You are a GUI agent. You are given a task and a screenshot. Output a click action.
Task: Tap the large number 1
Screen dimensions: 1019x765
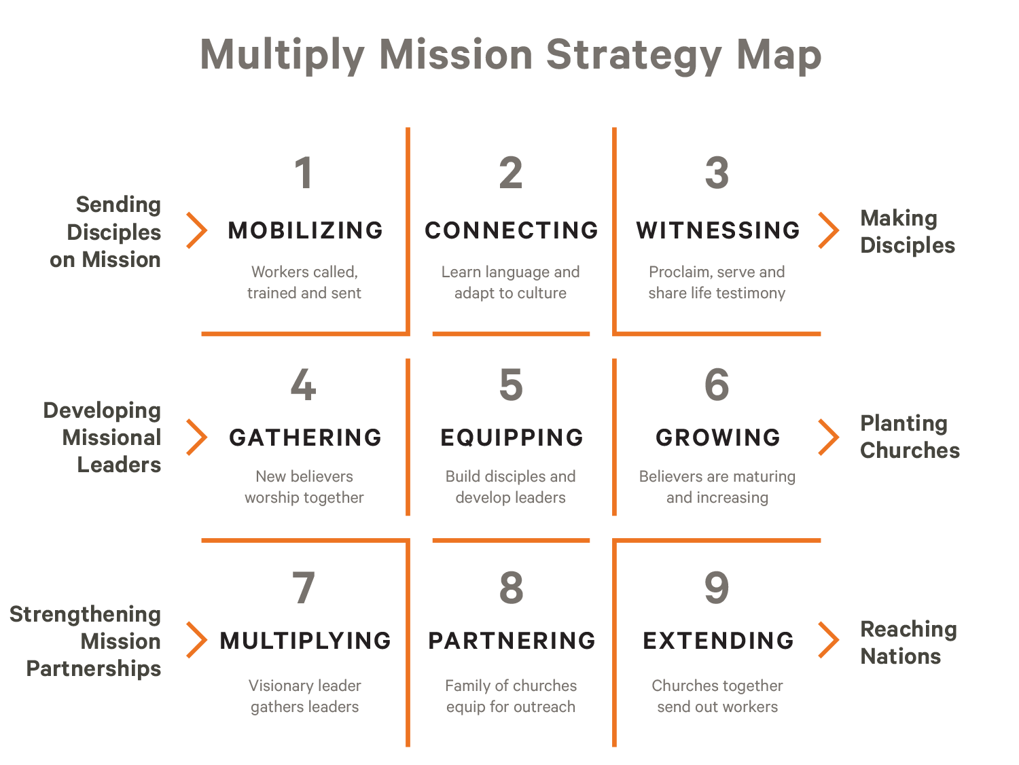[304, 173]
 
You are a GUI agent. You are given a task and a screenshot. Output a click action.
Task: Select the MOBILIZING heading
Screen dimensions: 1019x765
[306, 230]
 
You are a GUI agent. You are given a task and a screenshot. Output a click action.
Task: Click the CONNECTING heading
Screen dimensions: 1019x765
[511, 230]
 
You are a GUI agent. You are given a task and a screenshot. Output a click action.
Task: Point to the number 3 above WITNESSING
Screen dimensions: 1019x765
[717, 173]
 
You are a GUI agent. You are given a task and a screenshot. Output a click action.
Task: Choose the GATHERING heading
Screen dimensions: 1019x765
[306, 438]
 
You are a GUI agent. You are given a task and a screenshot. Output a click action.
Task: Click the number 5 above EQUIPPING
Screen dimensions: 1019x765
[511, 385]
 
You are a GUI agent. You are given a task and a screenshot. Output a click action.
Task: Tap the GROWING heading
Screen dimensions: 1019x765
[717, 438]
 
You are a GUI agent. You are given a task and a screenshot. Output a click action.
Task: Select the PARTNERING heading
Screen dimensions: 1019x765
[512, 641]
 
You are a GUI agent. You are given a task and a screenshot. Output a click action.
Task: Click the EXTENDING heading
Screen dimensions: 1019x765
[718, 641]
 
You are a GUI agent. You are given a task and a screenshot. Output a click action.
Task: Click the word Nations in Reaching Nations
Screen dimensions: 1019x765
[900, 656]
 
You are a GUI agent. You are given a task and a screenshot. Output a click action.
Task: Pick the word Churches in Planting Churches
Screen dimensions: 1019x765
[910, 450]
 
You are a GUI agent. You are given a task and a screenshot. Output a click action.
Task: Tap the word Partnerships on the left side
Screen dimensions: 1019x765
[94, 669]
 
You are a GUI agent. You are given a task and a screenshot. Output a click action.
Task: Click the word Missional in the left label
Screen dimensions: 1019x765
[111, 438]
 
